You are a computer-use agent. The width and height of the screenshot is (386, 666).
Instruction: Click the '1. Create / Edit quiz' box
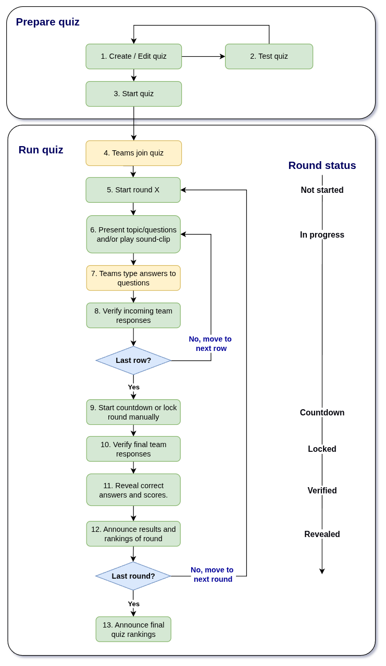(x=133, y=56)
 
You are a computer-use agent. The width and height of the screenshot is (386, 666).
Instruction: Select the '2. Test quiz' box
(x=269, y=56)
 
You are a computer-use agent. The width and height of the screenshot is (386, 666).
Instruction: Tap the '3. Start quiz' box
(x=133, y=94)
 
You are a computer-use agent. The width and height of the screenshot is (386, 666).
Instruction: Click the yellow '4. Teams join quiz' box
(x=133, y=153)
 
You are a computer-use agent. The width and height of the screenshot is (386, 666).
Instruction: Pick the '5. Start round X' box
(x=133, y=190)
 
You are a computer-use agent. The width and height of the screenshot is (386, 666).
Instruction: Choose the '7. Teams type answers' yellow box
(x=133, y=278)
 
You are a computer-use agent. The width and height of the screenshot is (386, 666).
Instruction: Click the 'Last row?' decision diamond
(x=133, y=360)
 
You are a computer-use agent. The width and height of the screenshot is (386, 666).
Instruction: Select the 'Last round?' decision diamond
(x=133, y=576)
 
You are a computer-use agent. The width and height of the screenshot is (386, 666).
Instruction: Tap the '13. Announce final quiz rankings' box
(x=133, y=629)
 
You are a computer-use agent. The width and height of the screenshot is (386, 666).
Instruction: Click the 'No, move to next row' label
(x=210, y=344)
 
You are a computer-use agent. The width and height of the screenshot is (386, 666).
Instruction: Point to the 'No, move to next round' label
(x=213, y=574)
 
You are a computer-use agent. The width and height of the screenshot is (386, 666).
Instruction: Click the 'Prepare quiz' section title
(x=47, y=22)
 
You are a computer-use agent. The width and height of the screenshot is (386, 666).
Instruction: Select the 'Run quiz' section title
(x=41, y=150)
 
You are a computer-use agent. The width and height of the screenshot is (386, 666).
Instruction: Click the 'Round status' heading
(x=322, y=165)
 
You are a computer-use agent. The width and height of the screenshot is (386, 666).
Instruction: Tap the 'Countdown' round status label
(x=322, y=412)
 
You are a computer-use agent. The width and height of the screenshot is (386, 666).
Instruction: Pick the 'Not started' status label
(x=322, y=190)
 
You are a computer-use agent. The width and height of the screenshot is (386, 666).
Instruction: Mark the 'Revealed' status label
(x=322, y=534)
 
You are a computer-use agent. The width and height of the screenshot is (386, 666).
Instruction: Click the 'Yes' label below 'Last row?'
(x=133, y=387)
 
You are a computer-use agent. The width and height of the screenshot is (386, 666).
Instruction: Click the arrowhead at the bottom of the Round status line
(x=322, y=571)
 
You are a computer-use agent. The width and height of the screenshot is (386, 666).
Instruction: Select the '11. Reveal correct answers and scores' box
(x=133, y=490)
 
